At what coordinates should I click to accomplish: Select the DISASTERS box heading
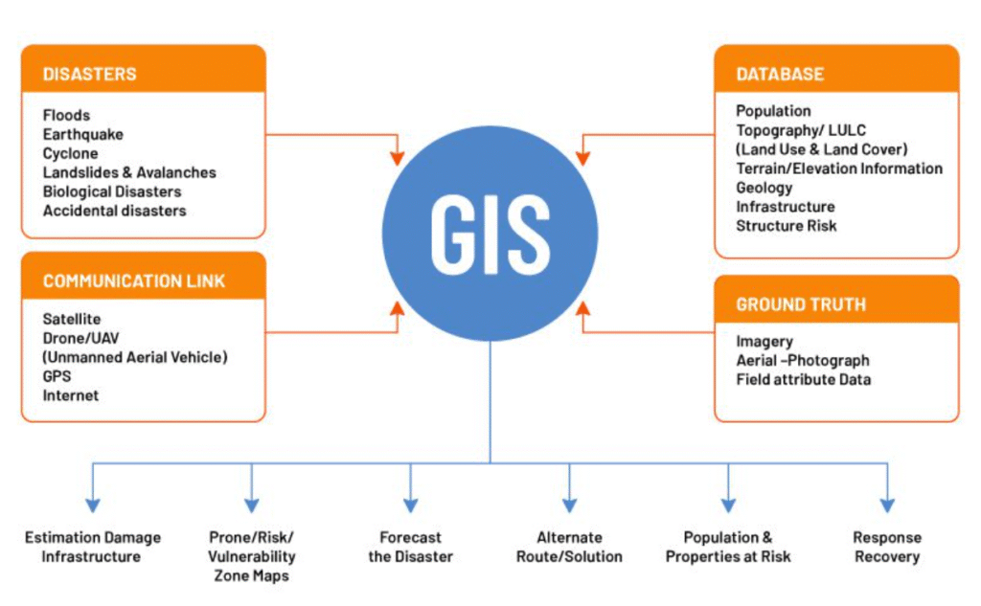90,74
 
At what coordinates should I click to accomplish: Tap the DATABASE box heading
780,74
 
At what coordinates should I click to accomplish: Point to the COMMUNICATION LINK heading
134,281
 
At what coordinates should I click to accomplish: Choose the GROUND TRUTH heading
801,304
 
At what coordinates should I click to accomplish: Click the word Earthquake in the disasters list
83,135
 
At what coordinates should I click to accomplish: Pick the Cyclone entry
70,153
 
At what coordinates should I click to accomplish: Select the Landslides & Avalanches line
129,172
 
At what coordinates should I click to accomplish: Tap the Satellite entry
72,319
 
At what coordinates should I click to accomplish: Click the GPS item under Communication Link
57,376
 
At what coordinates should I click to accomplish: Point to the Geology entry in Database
764,188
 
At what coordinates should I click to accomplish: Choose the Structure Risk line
787,226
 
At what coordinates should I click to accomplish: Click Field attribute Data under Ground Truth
804,379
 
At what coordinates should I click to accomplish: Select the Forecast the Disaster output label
410,547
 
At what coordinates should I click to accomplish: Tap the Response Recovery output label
887,547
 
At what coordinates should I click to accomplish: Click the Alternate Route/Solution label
569,547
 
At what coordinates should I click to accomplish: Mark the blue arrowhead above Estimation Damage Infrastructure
92,504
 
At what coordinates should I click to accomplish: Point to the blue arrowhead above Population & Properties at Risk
728,504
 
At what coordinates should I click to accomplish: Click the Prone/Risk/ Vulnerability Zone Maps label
251,556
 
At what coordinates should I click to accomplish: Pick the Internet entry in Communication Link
71,395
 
